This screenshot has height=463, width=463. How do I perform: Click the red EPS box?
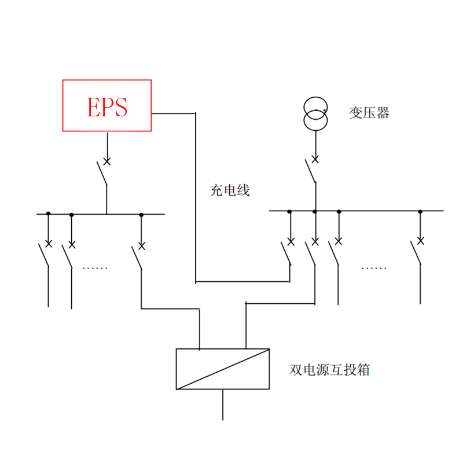point(107,105)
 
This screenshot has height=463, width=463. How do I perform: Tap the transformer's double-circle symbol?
point(315,114)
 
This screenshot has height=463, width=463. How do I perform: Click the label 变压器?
point(369,113)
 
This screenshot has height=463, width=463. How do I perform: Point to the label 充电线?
point(230,190)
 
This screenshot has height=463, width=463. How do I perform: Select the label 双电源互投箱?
point(329,370)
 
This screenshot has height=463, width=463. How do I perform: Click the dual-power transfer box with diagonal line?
point(223,369)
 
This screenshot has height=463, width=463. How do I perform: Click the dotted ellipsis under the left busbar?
point(95,268)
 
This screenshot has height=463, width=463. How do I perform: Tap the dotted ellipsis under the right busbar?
point(374,268)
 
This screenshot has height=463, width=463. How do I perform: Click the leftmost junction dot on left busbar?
point(48,214)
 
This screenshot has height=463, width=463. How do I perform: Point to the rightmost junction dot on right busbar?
point(420,211)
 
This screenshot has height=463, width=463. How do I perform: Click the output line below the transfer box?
point(223,405)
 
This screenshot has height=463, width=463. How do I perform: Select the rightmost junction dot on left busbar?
point(141,214)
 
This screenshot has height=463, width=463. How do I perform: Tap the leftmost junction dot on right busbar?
point(289,211)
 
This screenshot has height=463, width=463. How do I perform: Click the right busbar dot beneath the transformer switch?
point(315,211)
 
